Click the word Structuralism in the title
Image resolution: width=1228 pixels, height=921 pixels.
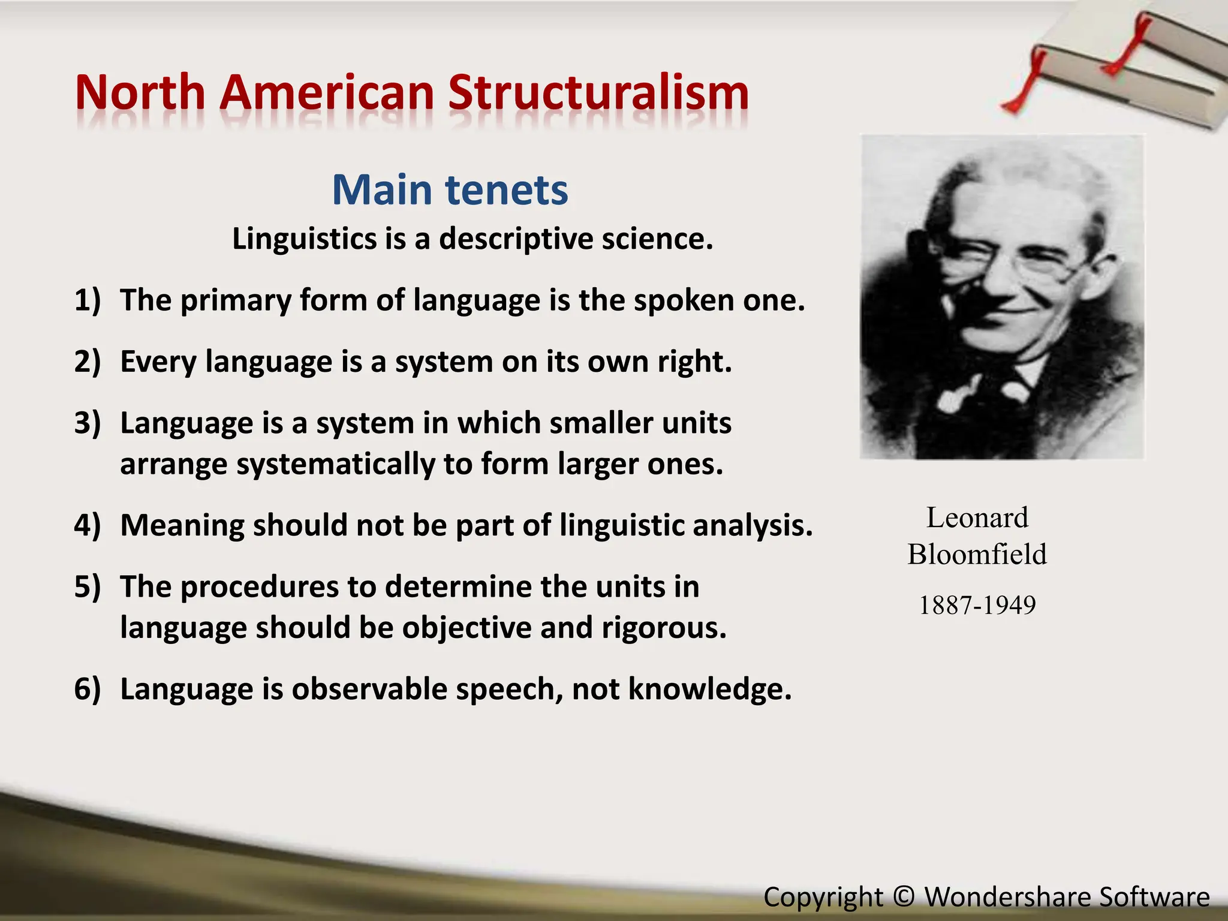click(598, 93)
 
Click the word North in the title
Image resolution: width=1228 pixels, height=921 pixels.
click(140, 93)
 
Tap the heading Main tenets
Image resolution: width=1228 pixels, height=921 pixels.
click(450, 190)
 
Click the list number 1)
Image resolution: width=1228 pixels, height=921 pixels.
click(88, 300)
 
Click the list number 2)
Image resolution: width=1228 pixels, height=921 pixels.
click(88, 362)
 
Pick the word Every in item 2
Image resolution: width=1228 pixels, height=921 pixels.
click(158, 362)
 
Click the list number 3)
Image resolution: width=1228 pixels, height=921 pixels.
click(88, 423)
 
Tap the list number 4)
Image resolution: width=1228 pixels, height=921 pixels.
click(88, 525)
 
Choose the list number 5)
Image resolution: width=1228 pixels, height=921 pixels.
click(88, 586)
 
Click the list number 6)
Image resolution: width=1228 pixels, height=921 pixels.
click(88, 688)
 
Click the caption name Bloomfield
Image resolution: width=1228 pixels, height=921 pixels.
click(977, 555)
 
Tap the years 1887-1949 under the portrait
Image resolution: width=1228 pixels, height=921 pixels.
click(977, 605)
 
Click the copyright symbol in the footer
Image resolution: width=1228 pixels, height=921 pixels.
click(904, 897)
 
